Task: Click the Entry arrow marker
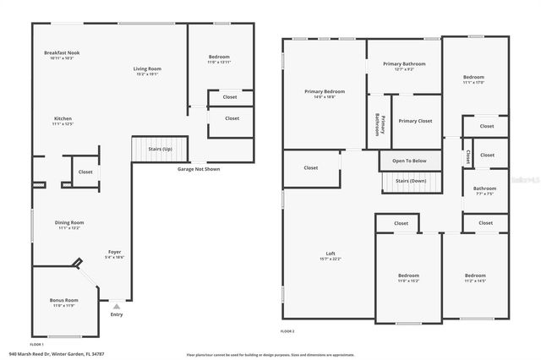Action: [116, 307]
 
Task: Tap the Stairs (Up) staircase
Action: [161, 149]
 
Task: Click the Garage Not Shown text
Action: [199, 169]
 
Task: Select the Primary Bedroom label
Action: [325, 93]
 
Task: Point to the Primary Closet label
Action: [415, 121]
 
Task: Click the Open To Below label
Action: [408, 161]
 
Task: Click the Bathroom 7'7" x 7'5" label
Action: [484, 190]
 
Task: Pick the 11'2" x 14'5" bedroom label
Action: [474, 277]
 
